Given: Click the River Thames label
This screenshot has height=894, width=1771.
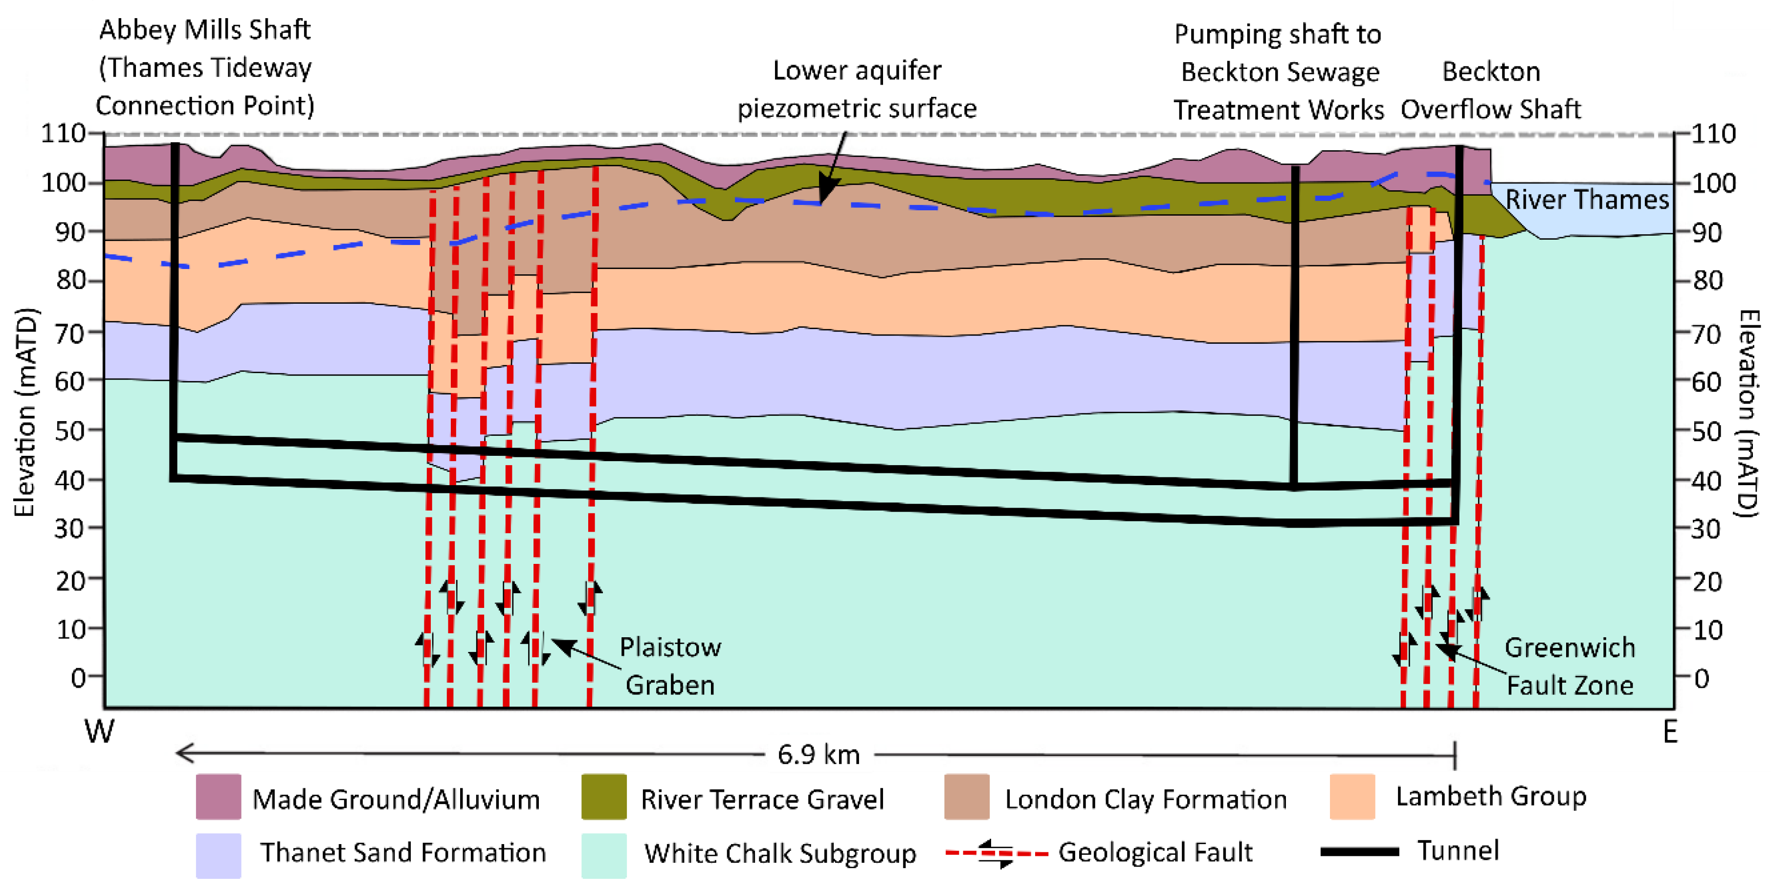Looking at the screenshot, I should click(x=1587, y=200).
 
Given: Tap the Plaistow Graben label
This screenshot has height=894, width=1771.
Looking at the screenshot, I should click(x=670, y=666).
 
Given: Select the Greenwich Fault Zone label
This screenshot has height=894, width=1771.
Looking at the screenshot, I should click(x=1570, y=666).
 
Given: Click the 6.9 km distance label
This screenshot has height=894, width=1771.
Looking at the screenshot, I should click(x=818, y=755).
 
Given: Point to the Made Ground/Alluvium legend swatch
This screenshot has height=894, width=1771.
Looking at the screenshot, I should click(x=218, y=796).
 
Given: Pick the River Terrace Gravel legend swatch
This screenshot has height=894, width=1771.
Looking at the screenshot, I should click(x=604, y=796).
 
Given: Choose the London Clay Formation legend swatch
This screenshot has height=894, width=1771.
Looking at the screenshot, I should click(x=967, y=796).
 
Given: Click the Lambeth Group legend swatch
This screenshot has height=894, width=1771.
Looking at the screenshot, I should click(x=1351, y=796).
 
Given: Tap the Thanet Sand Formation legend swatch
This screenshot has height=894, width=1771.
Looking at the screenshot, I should click(x=218, y=855).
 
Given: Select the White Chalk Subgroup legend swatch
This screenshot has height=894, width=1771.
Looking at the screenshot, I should click(x=604, y=855).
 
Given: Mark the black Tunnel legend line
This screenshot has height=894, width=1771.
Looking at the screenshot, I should click(x=1359, y=851).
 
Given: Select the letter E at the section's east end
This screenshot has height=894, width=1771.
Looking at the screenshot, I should click(x=1670, y=732).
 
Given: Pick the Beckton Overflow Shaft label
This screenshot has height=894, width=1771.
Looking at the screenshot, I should click(x=1490, y=90).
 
